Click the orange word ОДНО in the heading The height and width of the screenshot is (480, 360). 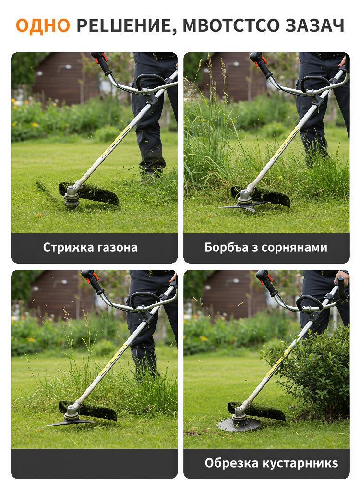43,25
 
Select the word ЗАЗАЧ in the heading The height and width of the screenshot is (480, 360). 315,25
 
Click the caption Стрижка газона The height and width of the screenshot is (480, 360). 90,247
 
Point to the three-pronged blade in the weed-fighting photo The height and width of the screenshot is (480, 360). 244,206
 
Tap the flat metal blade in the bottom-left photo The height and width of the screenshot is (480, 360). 71,423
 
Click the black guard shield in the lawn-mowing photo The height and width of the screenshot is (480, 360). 92,193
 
